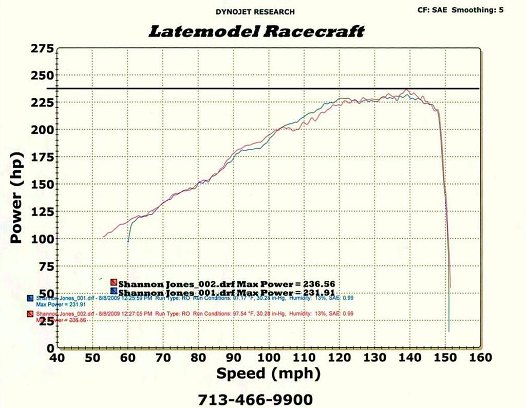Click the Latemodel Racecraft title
point(256,31)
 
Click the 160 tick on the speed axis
point(481,358)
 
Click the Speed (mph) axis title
point(269,374)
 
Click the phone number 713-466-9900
point(255,399)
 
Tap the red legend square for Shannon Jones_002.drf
point(114,282)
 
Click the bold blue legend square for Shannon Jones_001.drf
point(114,290)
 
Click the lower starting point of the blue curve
point(128,241)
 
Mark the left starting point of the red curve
point(103,237)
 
